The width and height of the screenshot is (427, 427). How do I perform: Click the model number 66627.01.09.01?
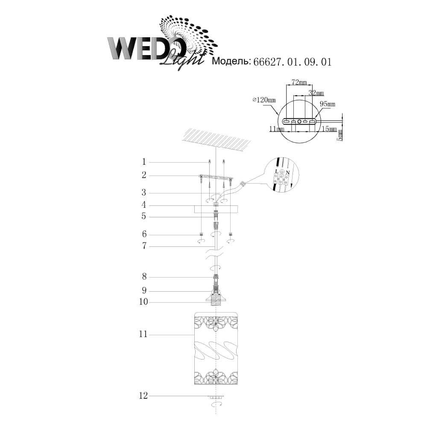(292, 62)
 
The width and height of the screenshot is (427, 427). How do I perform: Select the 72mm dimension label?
(299, 82)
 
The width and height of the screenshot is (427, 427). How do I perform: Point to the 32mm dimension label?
(316, 93)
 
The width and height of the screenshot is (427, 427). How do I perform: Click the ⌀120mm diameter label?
(264, 100)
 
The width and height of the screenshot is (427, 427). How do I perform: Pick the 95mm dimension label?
(328, 104)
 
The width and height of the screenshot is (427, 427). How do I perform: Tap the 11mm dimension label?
(277, 129)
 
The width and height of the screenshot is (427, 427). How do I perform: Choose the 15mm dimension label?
(329, 129)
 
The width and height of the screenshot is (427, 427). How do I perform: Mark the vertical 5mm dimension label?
(340, 135)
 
